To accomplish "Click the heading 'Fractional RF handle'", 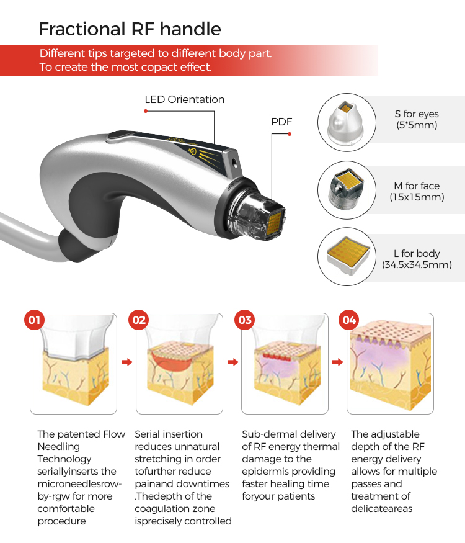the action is [x=130, y=29].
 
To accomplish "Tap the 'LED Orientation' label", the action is [x=184, y=100].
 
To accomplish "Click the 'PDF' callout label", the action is [x=281, y=122].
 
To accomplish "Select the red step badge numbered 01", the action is [x=34, y=320].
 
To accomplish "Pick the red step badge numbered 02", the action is [x=139, y=320].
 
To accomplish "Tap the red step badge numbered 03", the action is [x=245, y=320].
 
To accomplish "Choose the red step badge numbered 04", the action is [x=348, y=320].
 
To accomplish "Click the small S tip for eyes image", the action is [x=346, y=122].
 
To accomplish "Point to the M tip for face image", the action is [x=346, y=189].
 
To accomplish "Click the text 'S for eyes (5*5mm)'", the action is [x=417, y=120].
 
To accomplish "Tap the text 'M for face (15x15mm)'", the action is [x=417, y=192].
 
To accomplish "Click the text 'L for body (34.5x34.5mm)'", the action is [x=417, y=259].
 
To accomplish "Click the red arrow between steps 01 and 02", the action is [x=127, y=362].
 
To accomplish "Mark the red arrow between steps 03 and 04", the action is [x=338, y=362].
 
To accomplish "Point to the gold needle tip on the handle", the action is [x=275, y=223].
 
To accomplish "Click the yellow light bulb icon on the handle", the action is [x=192, y=151].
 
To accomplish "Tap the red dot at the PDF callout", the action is [x=290, y=134].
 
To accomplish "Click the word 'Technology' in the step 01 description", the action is [x=64, y=459].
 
